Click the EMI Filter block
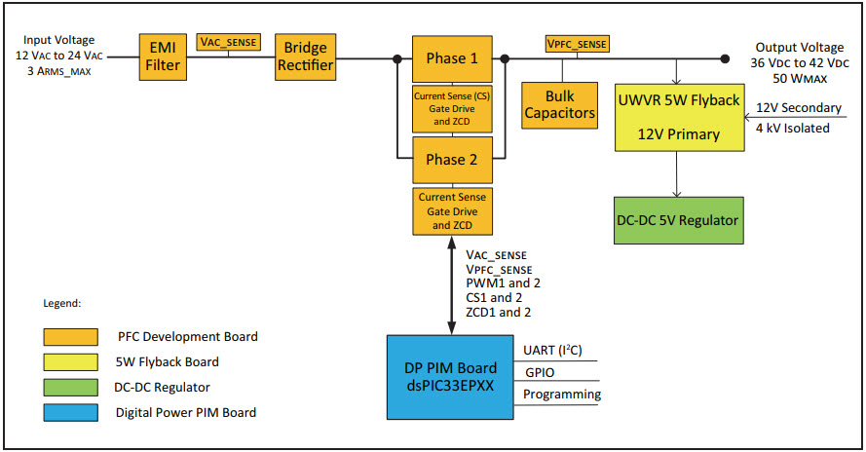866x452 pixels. [x=161, y=57]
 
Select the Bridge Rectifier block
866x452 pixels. [x=306, y=57]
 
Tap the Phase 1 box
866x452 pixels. [x=452, y=58]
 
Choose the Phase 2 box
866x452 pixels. [x=452, y=160]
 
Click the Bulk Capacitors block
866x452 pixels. [x=560, y=104]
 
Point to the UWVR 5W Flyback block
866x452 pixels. [x=680, y=117]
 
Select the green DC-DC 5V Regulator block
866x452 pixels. [x=679, y=220]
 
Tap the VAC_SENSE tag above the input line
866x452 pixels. [x=229, y=43]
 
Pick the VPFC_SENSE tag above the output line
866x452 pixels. [x=578, y=43]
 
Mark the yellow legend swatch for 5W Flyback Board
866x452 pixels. [x=70, y=361]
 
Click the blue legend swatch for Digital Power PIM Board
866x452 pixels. [x=70, y=411]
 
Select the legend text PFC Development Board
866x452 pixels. [x=187, y=337]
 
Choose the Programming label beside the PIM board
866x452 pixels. [x=562, y=395]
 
